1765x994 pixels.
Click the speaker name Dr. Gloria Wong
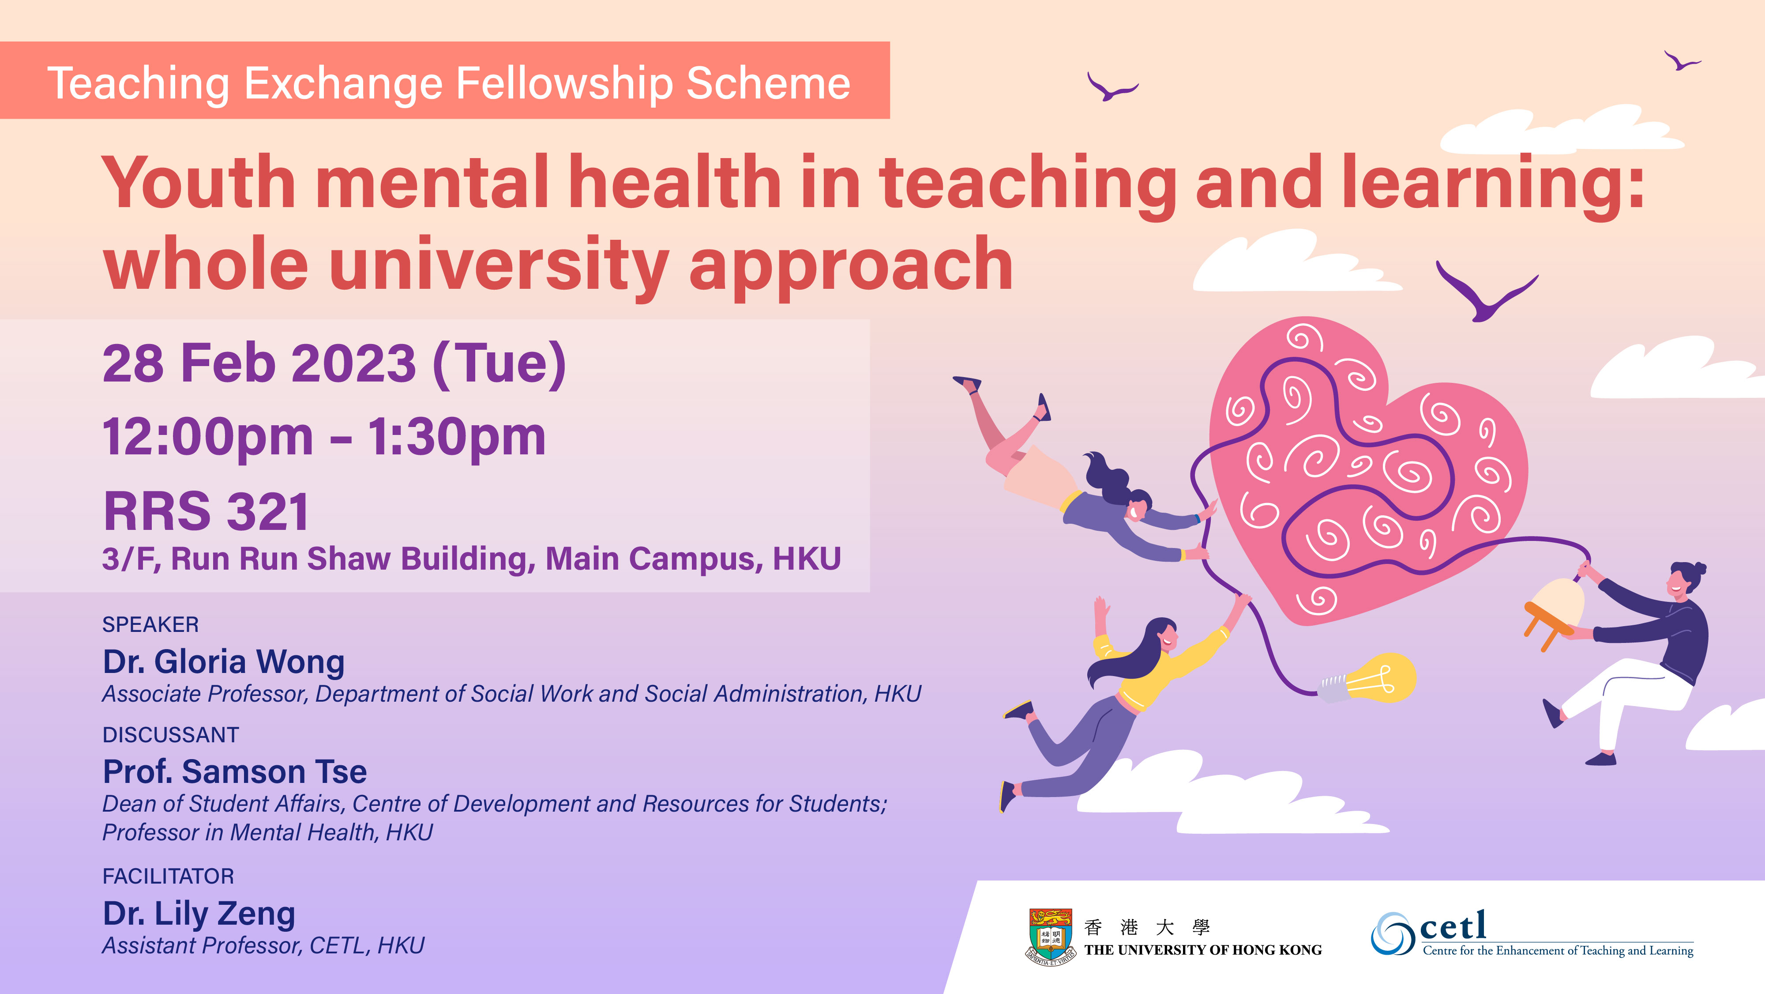coord(223,662)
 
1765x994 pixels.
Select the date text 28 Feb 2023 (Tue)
coord(334,364)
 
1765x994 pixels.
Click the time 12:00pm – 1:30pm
coord(324,437)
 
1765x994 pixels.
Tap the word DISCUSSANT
coord(171,735)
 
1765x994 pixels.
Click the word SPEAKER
coord(151,624)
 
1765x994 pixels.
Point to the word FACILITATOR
coord(168,876)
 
